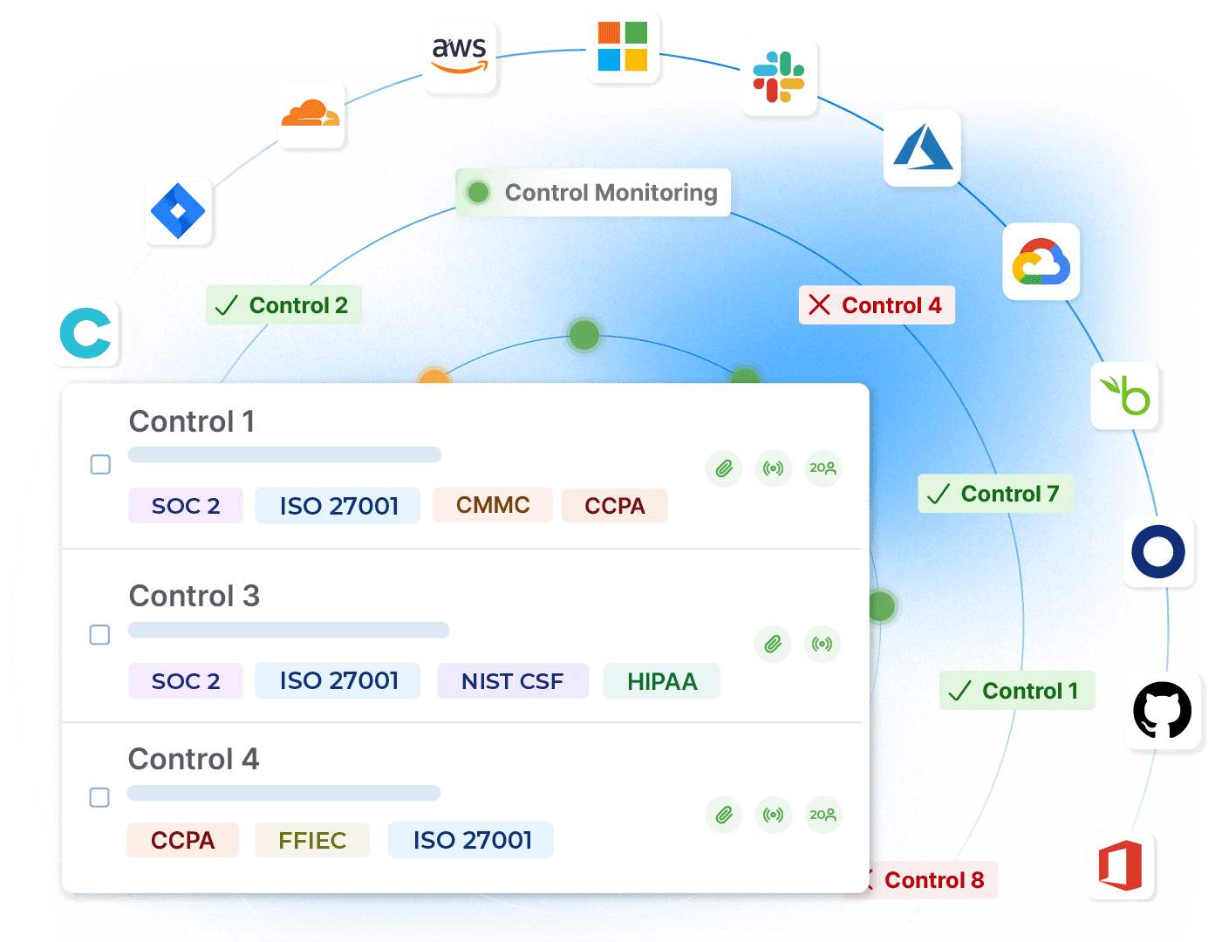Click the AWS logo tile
[460, 57]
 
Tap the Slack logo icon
[778, 77]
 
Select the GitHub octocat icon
[1162, 711]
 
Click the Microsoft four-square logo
[622, 46]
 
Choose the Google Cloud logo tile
[1041, 262]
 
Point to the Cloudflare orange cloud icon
[311, 114]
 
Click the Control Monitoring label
[593, 193]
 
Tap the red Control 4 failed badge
[877, 305]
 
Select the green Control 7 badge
[995, 494]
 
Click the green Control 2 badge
[283, 305]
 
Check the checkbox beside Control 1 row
[101, 464]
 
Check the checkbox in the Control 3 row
[100, 634]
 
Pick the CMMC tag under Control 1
[493, 505]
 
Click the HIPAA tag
[662, 681]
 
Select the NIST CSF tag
[513, 681]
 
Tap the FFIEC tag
[312, 840]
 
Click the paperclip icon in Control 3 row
[772, 645]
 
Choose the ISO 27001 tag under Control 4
[472, 840]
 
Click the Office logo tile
[1121, 866]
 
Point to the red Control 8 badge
[925, 880]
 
